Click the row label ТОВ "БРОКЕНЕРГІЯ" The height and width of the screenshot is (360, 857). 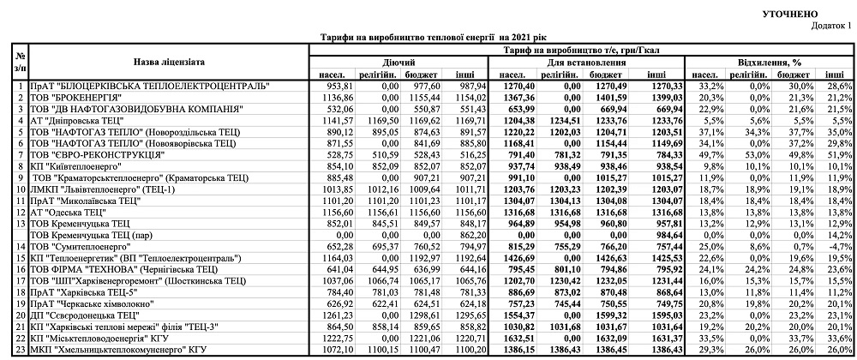coord(82,99)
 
